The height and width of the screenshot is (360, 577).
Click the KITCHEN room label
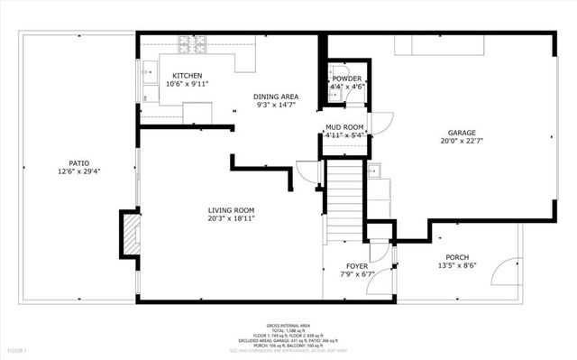tap(188, 76)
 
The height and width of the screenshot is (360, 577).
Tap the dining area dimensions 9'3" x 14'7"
tap(275, 106)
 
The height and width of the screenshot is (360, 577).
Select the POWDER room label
tap(347, 78)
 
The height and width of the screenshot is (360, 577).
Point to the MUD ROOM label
tap(344, 126)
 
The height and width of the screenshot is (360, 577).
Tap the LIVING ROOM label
tap(232, 210)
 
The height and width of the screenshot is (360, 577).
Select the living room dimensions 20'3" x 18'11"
tap(232, 218)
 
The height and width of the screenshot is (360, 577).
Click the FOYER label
tap(358, 265)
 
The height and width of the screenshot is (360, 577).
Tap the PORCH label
tap(457, 257)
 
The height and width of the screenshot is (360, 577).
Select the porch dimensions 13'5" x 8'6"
tap(457, 265)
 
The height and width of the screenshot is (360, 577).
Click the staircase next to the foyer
tap(343, 198)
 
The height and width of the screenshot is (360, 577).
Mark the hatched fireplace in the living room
tap(131, 233)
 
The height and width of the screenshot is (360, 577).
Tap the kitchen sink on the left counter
tap(148, 72)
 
